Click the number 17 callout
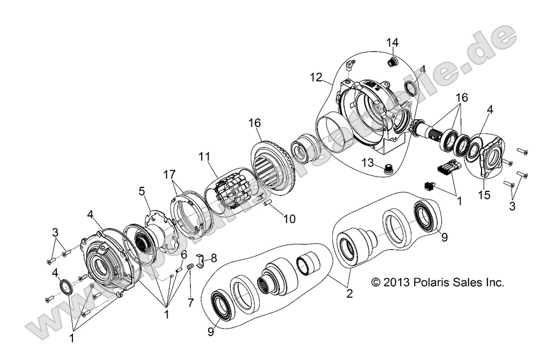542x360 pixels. tap(169, 174)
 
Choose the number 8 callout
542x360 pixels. tap(214, 259)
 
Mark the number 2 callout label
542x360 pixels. tap(349, 294)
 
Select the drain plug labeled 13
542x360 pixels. tap(388, 167)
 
